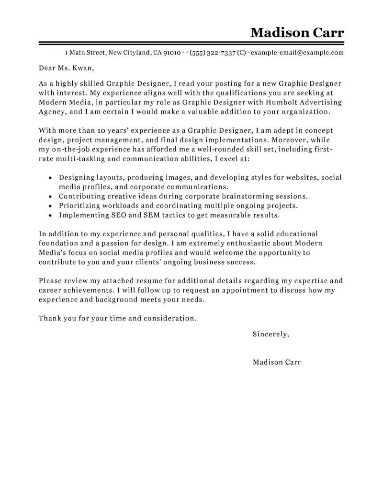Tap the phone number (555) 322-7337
(212, 52)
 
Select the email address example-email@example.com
(297, 52)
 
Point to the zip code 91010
(172, 52)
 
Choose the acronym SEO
(118, 215)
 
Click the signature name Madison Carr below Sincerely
(277, 362)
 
